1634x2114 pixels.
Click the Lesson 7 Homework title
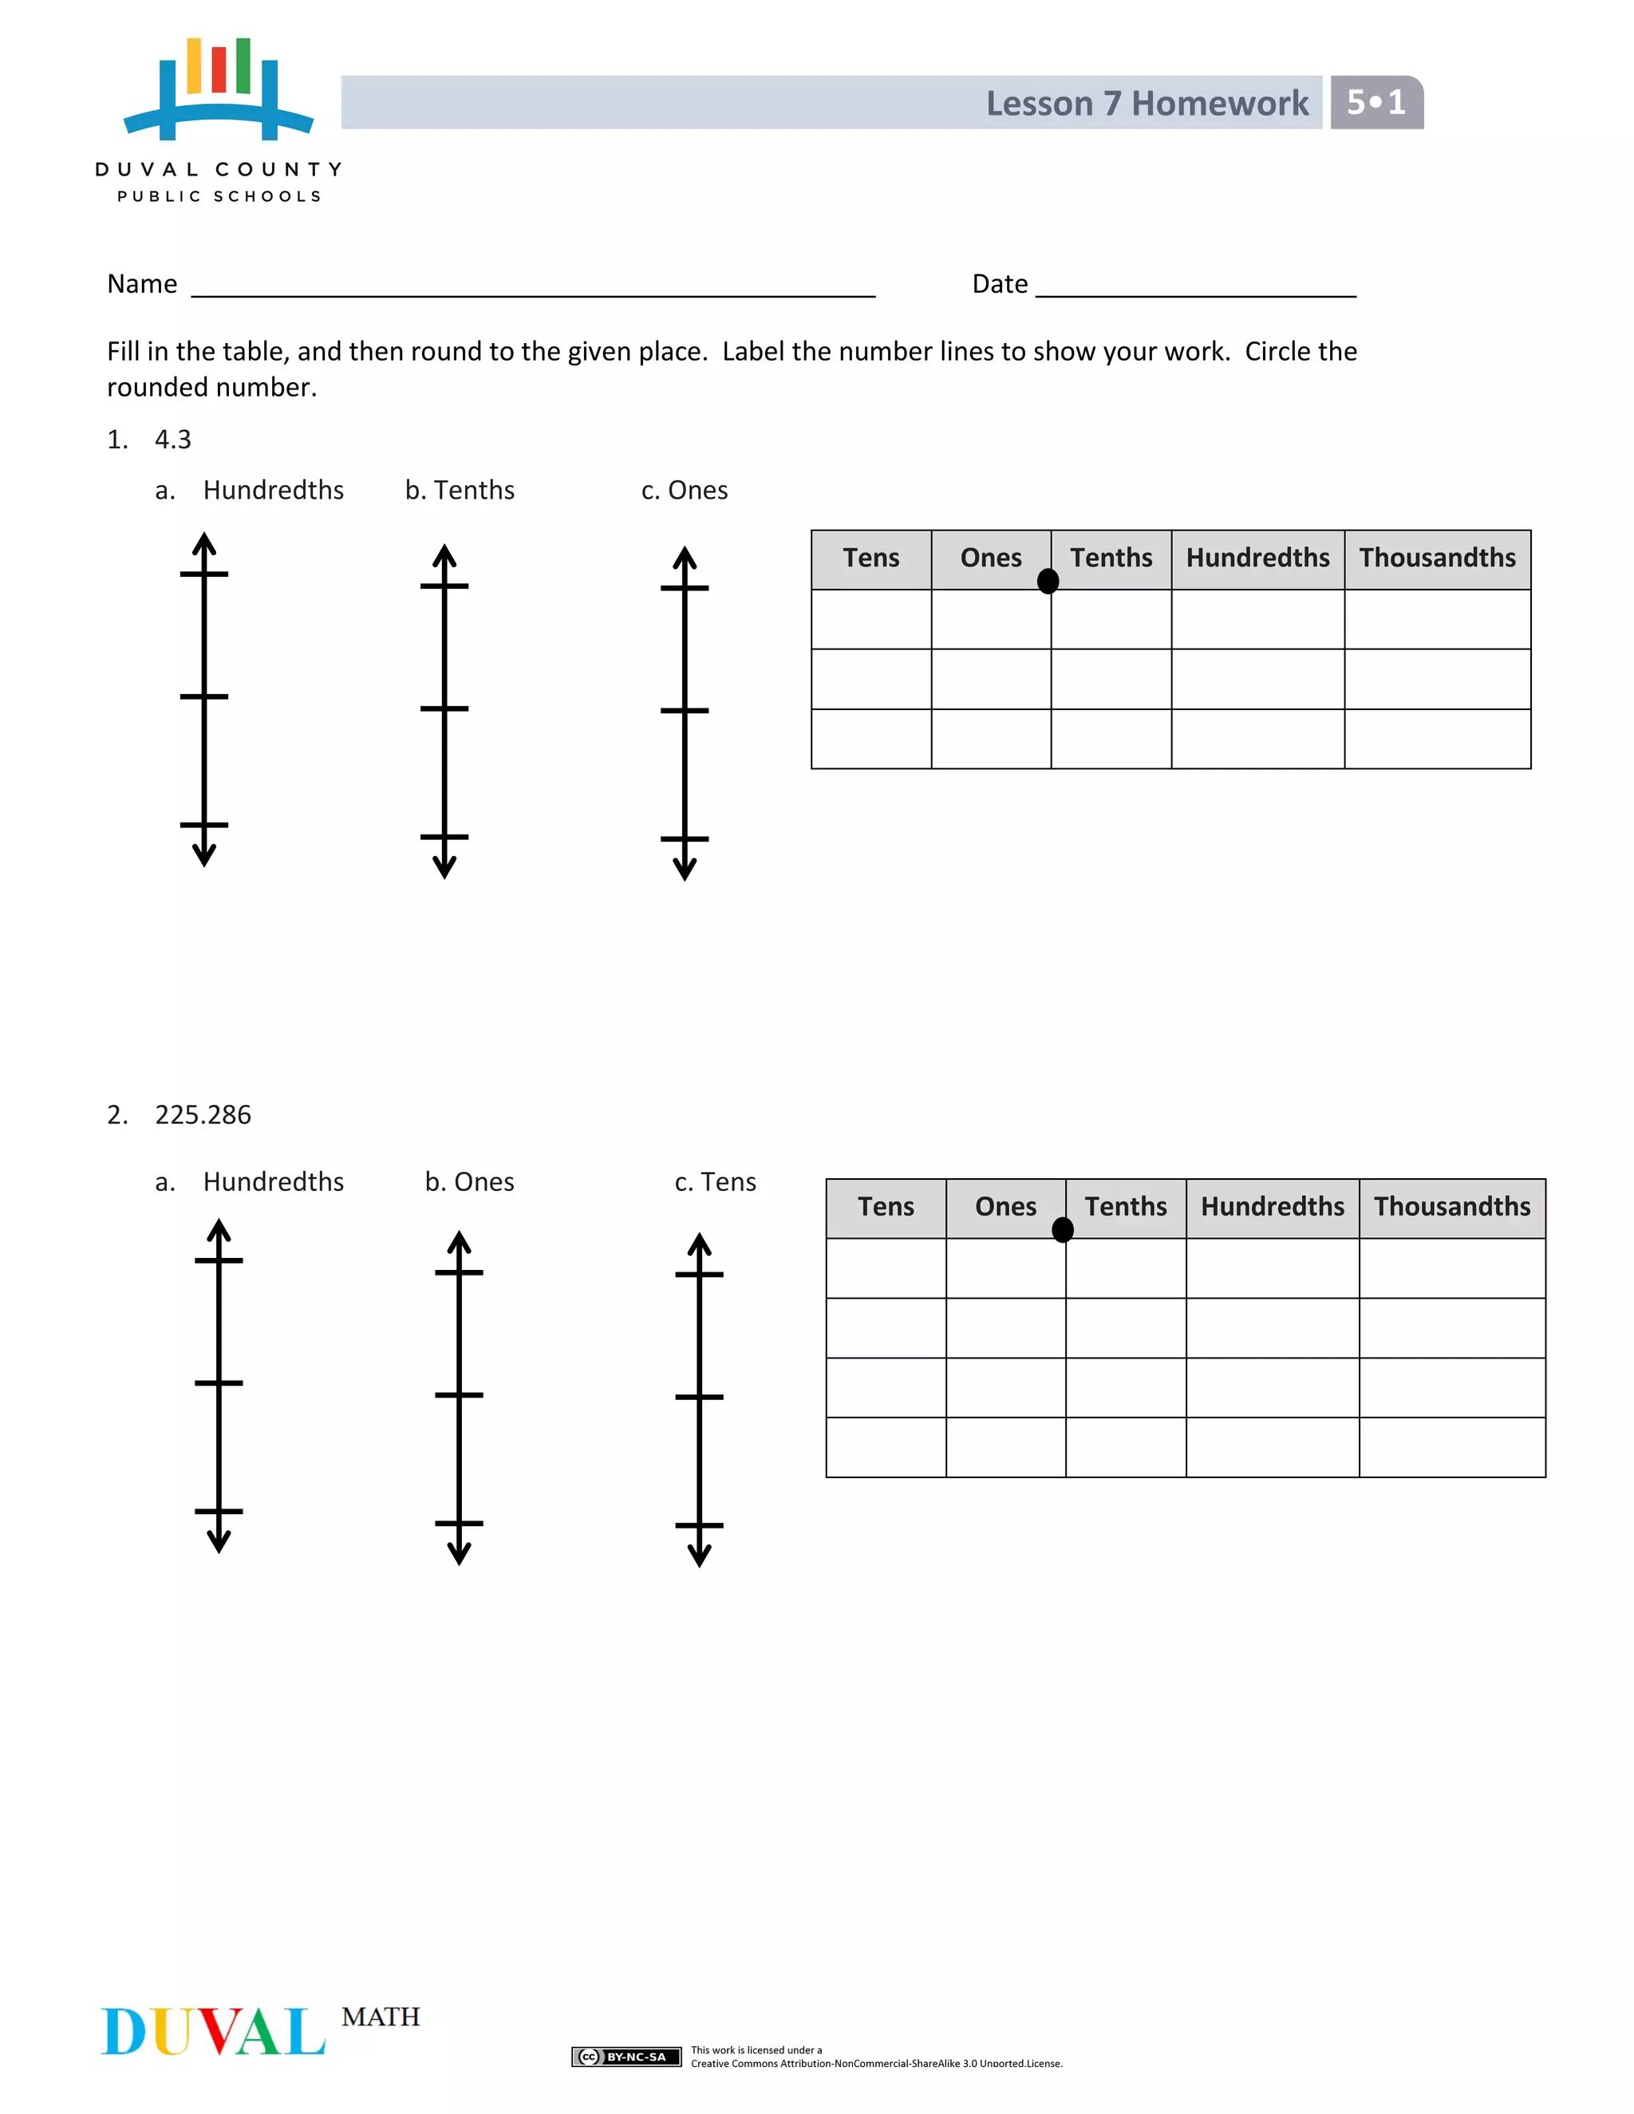(x=1147, y=104)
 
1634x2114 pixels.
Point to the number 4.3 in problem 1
(x=173, y=440)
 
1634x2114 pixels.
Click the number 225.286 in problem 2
(x=203, y=1115)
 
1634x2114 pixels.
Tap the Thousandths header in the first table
(x=1436, y=558)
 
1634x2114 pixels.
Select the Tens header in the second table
(x=885, y=1207)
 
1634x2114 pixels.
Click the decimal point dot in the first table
(x=1048, y=581)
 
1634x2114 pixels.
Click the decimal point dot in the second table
(x=1062, y=1229)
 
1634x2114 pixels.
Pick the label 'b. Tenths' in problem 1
(x=460, y=491)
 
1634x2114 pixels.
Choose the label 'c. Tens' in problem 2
(x=716, y=1183)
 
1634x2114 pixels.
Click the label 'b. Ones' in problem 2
(x=469, y=1183)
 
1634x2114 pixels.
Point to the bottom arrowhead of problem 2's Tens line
(x=699, y=1556)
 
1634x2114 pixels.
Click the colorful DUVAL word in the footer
(x=213, y=2031)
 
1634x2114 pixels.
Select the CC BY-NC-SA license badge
(x=626, y=2057)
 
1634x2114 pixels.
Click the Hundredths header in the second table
(x=1272, y=1207)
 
